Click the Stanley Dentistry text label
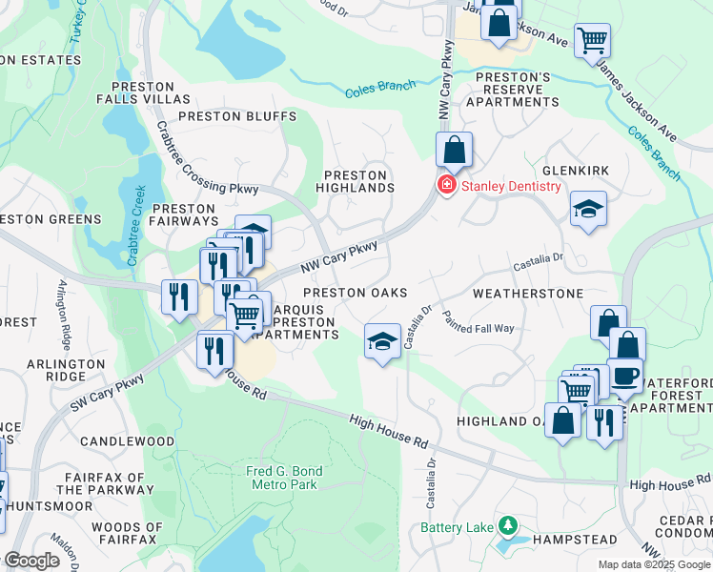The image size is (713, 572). coord(511,186)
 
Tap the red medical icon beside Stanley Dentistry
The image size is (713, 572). coord(445,185)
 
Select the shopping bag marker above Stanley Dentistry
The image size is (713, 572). coord(455,151)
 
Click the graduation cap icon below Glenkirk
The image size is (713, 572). coord(588,210)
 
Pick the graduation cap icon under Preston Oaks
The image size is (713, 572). coord(382,342)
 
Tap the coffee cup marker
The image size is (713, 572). coord(624,375)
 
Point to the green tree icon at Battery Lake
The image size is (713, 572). coord(509,526)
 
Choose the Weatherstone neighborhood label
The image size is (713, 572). coord(527,295)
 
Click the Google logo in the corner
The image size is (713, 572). coord(32,561)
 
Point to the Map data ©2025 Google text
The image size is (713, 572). coord(653,564)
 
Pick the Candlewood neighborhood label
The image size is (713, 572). coord(127,441)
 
